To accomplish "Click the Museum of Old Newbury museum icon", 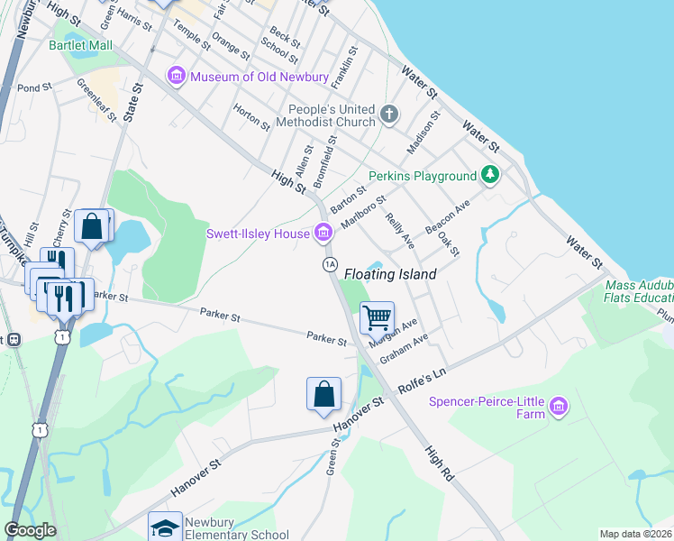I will (x=176, y=77).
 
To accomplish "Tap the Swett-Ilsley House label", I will (x=259, y=234).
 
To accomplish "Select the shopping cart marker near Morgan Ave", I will (x=377, y=317).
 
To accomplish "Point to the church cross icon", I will (x=389, y=114).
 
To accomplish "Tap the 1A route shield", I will (x=330, y=263).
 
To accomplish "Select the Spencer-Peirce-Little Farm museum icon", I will (x=559, y=407).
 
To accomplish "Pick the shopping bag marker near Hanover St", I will (x=323, y=394).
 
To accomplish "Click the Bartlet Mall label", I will (x=80, y=44).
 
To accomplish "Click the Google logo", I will (x=30, y=530).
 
